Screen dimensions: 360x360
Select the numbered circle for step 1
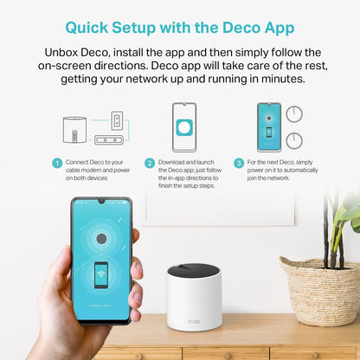[x=57, y=163]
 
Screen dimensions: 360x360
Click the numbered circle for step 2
[x=150, y=163]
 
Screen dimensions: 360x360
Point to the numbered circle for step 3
[x=239, y=163]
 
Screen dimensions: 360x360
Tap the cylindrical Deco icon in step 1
[x=74, y=130]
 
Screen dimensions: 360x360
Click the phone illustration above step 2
[x=183, y=127]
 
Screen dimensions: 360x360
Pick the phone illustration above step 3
[x=269, y=127]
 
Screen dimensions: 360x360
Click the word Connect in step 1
[x=79, y=162]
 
